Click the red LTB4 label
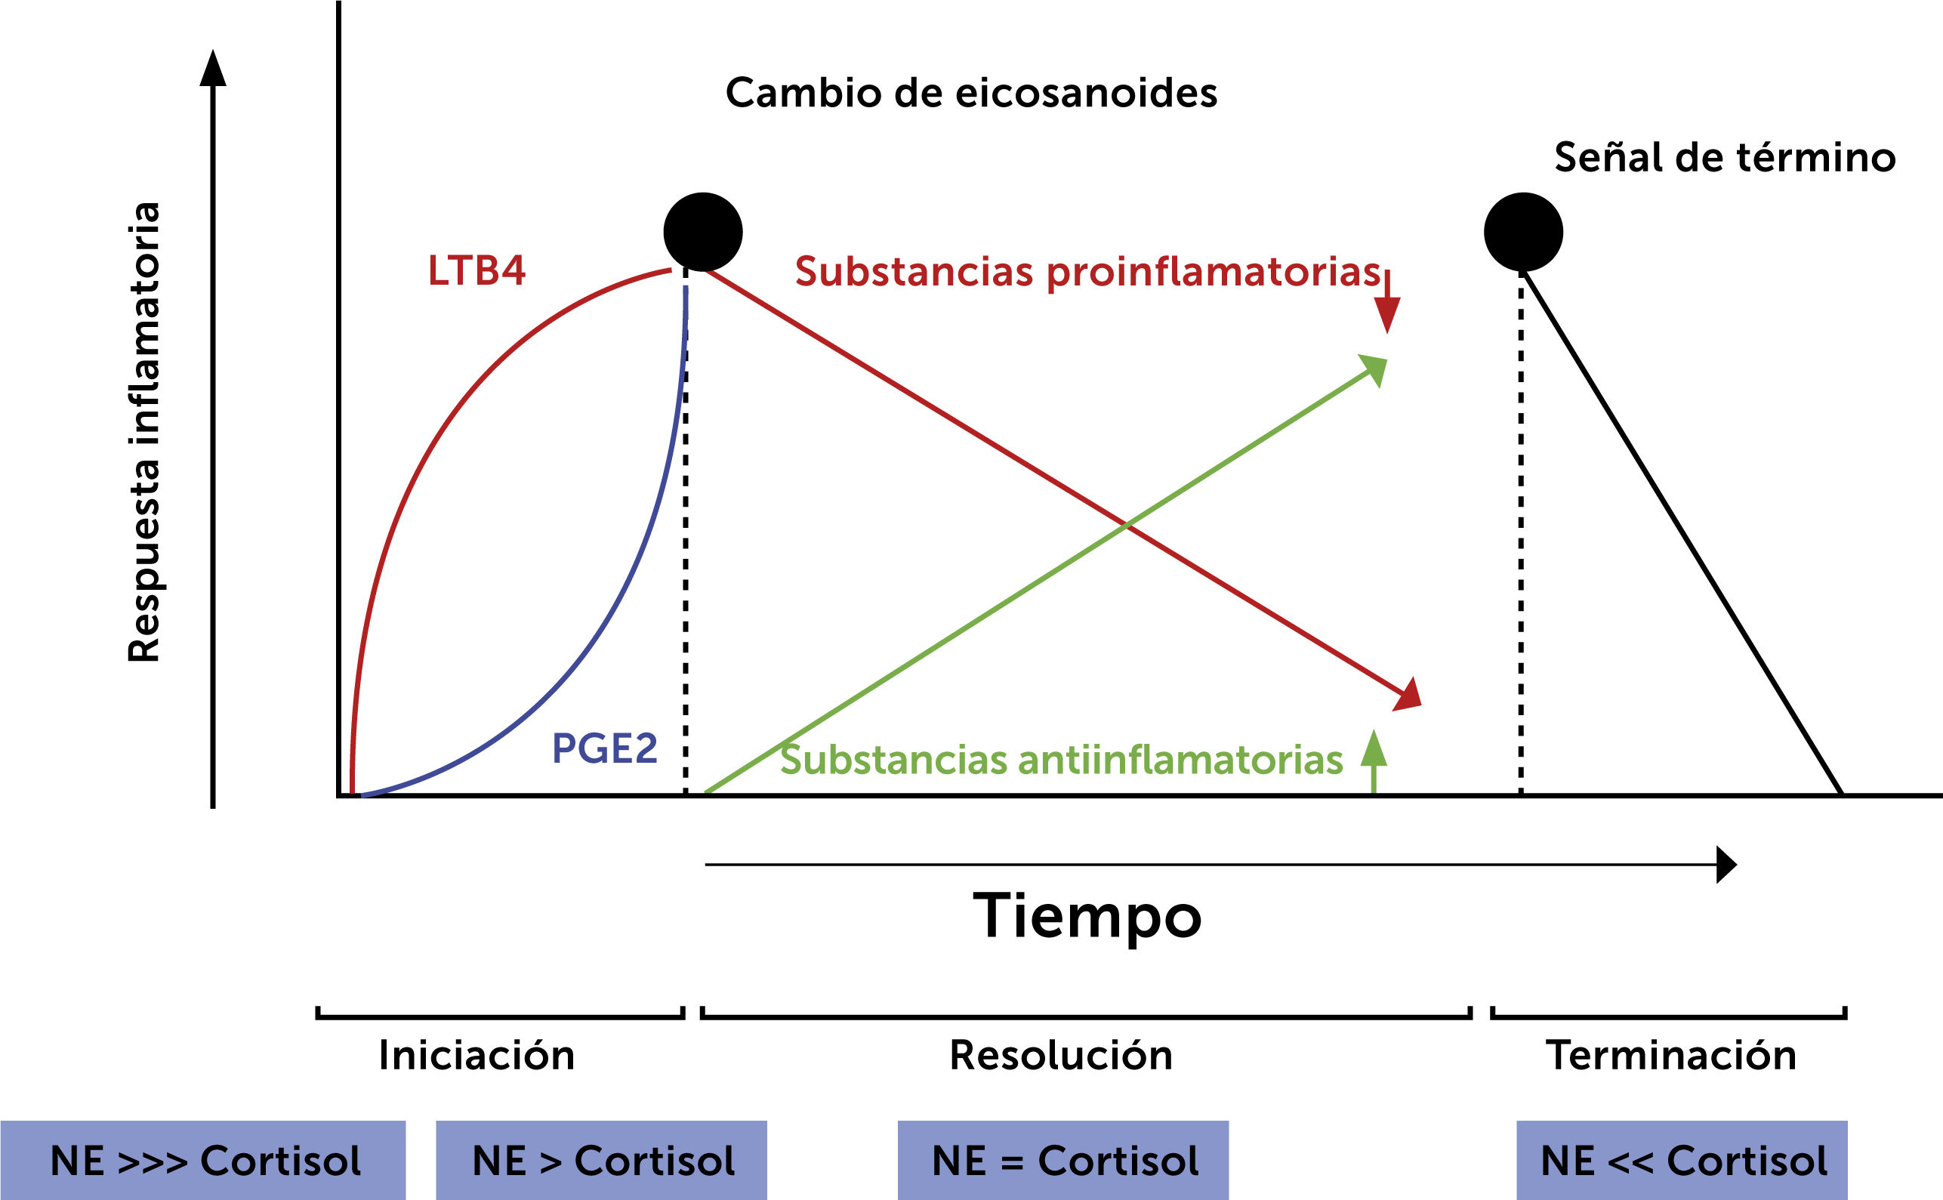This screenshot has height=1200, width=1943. pyautogui.click(x=476, y=270)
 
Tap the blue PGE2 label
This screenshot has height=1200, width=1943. pyautogui.click(x=605, y=748)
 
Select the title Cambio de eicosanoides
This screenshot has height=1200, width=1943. pyautogui.click(x=971, y=93)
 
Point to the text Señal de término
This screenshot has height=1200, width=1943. pyautogui.click(x=1725, y=157)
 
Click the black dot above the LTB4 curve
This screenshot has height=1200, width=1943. pyautogui.click(x=703, y=232)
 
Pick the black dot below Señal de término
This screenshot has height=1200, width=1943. pyautogui.click(x=1523, y=232)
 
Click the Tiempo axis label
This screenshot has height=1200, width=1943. pyautogui.click(x=1087, y=915)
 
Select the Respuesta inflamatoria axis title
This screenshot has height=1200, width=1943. pyautogui.click(x=144, y=433)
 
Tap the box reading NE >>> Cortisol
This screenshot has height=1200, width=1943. pyautogui.click(x=203, y=1161)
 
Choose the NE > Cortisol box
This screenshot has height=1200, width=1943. pyautogui.click(x=602, y=1161)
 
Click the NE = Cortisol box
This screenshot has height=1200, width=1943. pyautogui.click(x=1063, y=1161)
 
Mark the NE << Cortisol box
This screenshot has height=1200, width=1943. pyautogui.click(x=1682, y=1161)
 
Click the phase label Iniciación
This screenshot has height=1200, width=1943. pyautogui.click(x=476, y=1056)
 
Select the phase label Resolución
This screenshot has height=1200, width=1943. pyautogui.click(x=1061, y=1056)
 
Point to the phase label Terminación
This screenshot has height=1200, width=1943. pyautogui.click(x=1671, y=1056)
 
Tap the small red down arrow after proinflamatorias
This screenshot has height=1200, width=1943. pyautogui.click(x=1387, y=306)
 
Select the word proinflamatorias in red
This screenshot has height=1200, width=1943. pyautogui.click(x=1214, y=272)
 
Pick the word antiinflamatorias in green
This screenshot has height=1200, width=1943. pyautogui.click(x=1180, y=760)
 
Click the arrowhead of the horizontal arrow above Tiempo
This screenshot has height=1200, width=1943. pyautogui.click(x=1726, y=865)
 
